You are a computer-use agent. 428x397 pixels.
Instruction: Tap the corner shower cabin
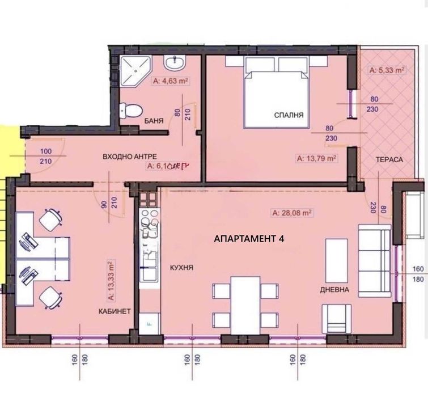(133, 70)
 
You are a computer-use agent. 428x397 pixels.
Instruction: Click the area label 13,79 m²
(317, 159)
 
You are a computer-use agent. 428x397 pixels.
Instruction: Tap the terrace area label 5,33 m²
(386, 71)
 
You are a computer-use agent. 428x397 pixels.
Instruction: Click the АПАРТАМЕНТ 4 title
(249, 239)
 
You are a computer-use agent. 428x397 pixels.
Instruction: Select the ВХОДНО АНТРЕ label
(130, 156)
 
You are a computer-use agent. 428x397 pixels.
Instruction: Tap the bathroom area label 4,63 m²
(171, 82)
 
